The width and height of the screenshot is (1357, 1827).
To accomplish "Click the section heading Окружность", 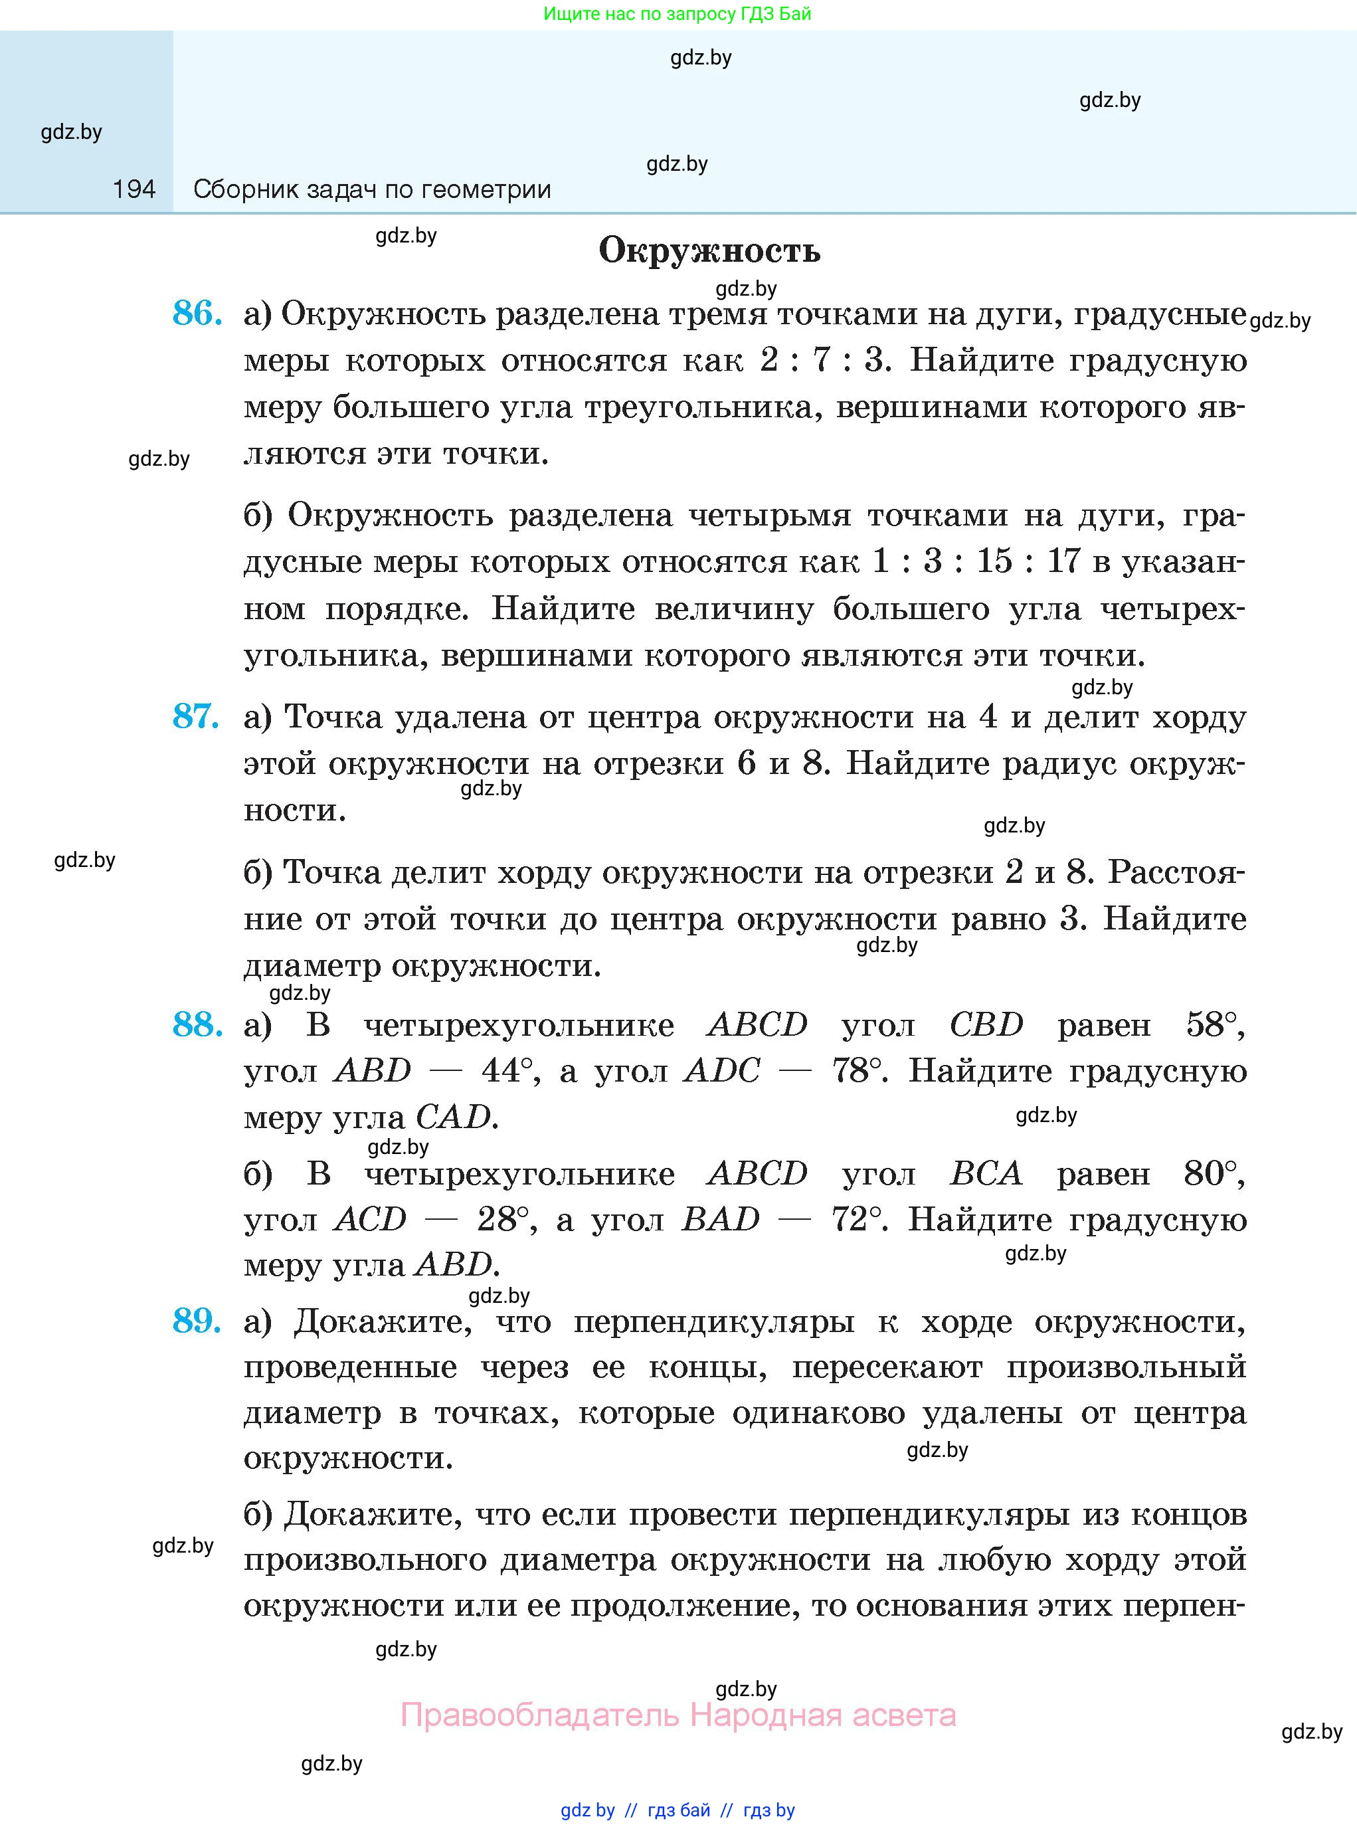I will [709, 250].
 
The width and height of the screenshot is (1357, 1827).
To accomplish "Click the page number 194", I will [134, 190].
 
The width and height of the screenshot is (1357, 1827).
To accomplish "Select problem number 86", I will [197, 314].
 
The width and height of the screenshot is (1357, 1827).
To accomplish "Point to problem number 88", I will [197, 1024].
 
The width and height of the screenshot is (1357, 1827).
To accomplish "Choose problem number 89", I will [197, 1320].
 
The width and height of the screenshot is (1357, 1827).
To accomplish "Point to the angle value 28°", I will [505, 1220].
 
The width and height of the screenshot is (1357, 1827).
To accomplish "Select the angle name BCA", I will [986, 1174].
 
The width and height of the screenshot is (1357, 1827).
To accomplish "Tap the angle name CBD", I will [986, 1024].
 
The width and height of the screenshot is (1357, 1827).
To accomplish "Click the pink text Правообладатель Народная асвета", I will [678, 1715].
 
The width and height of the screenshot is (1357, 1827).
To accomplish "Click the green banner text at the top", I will [678, 14].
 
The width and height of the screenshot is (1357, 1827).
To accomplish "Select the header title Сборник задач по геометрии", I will [372, 190].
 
